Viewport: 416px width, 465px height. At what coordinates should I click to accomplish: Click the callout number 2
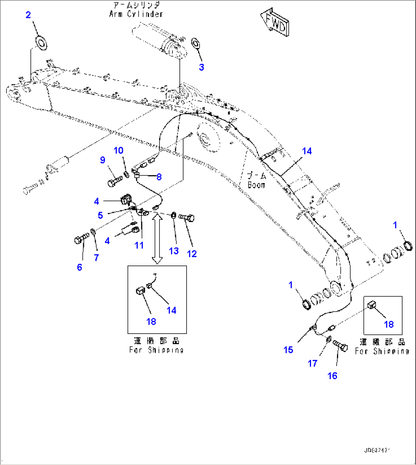pyautogui.click(x=28, y=15)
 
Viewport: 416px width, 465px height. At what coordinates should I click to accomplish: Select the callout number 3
pyautogui.click(x=201, y=67)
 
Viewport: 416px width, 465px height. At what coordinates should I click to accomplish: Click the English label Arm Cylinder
pyautogui.click(x=136, y=14)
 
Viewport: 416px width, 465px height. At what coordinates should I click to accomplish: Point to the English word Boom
pyautogui.click(x=256, y=185)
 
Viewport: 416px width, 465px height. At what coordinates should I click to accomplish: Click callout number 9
pyautogui.click(x=103, y=160)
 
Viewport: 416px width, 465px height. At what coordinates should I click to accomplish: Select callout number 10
pyautogui.click(x=119, y=151)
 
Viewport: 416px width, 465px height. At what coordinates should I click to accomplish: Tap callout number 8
pyautogui.click(x=159, y=177)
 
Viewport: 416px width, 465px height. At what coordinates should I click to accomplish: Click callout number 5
pyautogui.click(x=100, y=215)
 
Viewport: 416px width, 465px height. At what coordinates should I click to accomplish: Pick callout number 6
pyautogui.click(x=79, y=267)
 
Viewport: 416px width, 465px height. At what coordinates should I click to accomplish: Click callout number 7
pyautogui.click(x=96, y=258)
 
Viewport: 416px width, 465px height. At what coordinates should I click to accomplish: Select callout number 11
pyautogui.click(x=139, y=245)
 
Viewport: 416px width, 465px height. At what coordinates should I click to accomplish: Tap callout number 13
pyautogui.click(x=174, y=251)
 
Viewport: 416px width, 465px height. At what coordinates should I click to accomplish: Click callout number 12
pyautogui.click(x=192, y=254)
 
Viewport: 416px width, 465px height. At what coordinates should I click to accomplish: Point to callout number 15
pyautogui.click(x=288, y=350)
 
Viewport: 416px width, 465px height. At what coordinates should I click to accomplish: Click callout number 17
pyautogui.click(x=313, y=363)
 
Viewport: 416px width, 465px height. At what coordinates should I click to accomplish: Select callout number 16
pyautogui.click(x=332, y=376)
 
